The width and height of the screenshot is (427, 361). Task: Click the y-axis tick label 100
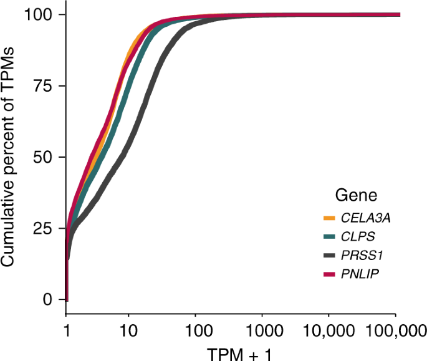[x=38, y=14]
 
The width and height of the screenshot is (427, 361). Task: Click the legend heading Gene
[x=356, y=196]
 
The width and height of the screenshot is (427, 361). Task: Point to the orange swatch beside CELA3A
[x=330, y=218]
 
